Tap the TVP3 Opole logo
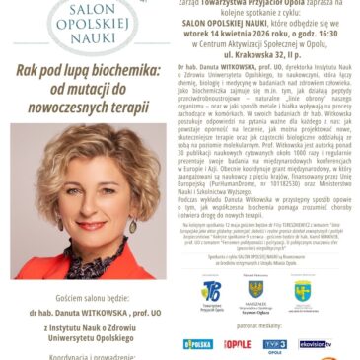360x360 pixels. [275, 344]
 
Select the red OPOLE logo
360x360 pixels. [237, 344]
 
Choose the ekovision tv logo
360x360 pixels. [315, 344]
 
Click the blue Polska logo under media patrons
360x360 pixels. [197, 344]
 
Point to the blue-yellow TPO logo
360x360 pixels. [212, 293]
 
